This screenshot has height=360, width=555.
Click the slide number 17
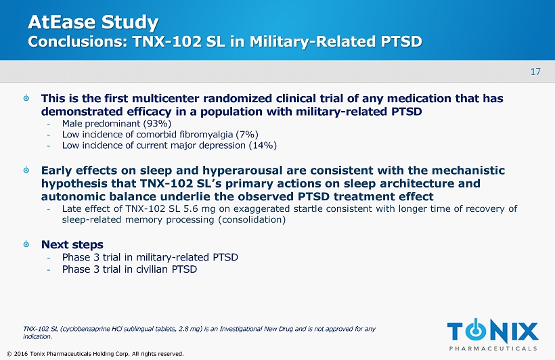tap(535, 72)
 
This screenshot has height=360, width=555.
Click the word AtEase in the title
tap(60, 22)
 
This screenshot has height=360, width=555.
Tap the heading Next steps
tap(72, 244)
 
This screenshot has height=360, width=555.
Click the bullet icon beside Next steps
tap(26, 244)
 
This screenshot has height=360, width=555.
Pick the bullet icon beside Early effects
tap(26, 170)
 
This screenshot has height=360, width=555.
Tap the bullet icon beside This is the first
tap(26, 97)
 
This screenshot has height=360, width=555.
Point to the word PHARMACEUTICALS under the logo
tap(493, 348)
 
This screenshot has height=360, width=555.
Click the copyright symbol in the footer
tap(9, 354)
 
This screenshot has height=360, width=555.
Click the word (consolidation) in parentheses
tap(252, 220)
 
